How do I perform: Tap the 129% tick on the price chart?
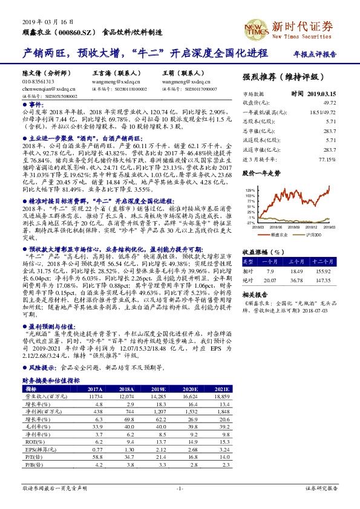(x=249, y=189)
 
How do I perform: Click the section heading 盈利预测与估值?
(x=47, y=324)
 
